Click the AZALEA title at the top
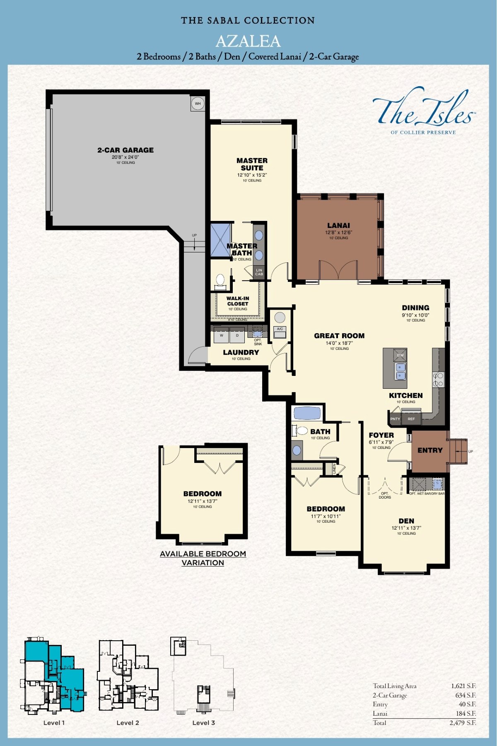tap(248, 41)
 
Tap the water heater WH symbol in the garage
tap(198, 104)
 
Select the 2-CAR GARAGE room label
tap(125, 150)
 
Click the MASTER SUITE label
tap(252, 164)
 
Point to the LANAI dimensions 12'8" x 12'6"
tap(338, 233)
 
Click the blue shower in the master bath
tap(220, 240)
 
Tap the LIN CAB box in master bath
tap(259, 272)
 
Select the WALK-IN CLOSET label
tap(238, 301)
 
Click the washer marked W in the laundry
tap(222, 336)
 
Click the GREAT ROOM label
tap(339, 336)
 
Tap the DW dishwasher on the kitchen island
tap(400, 355)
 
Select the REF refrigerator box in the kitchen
tap(411, 419)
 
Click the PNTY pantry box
tap(395, 419)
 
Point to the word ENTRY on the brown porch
tap(430, 450)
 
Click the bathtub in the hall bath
tap(307, 413)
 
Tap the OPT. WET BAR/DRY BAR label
tap(427, 494)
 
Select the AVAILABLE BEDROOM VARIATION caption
tap(203, 558)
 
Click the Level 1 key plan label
tap(54, 723)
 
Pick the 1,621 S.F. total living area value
tap(463, 686)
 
